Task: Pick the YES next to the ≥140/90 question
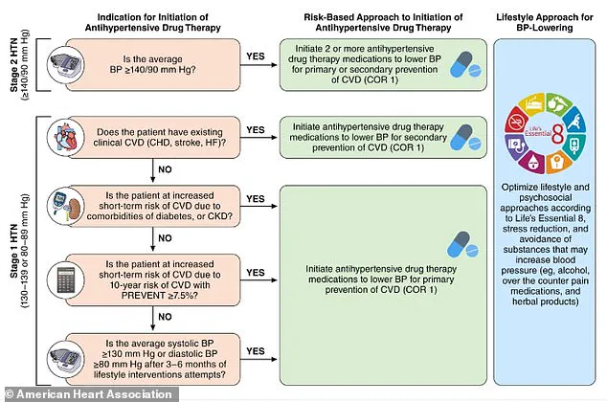point(255,56)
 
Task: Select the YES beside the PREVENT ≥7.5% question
point(255,271)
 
